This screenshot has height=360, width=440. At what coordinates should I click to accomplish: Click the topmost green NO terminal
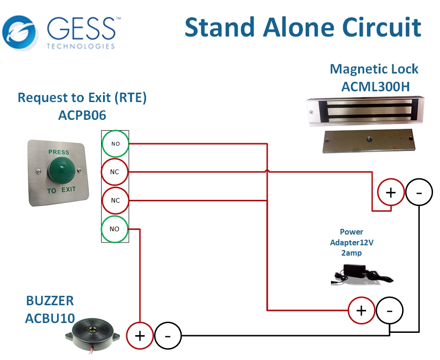click(115, 143)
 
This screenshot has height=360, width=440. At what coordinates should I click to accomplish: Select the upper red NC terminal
click(115, 172)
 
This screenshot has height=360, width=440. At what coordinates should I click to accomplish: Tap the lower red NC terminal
click(115, 200)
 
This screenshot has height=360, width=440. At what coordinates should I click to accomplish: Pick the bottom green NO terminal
click(115, 229)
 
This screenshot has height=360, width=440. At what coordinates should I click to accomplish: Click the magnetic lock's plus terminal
click(391, 192)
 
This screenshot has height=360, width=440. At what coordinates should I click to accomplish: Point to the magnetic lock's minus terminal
click(419, 192)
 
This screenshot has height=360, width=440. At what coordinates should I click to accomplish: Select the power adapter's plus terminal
click(361, 310)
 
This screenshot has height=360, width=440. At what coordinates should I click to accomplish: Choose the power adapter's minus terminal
click(389, 310)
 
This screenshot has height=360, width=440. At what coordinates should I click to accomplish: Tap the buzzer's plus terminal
click(140, 336)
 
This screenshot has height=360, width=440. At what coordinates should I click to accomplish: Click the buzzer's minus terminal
click(168, 336)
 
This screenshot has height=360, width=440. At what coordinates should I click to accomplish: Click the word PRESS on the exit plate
click(59, 152)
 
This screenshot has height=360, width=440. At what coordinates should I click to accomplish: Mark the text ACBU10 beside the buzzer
click(50, 318)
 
